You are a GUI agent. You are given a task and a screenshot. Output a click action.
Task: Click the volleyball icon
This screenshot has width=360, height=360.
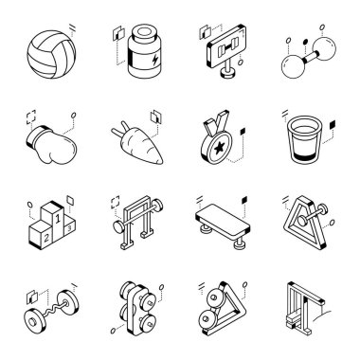[51, 54]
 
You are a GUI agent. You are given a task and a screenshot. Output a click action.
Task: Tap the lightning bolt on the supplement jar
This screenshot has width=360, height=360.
[155, 60]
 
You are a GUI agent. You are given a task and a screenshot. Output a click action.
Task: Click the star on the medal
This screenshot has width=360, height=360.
[220, 147]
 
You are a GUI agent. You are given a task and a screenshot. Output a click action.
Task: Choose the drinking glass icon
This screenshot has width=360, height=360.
[305, 139]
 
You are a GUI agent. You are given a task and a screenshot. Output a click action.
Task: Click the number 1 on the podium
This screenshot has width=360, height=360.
[58, 218]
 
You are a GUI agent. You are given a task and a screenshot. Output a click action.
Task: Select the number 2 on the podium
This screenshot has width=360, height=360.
[46, 238]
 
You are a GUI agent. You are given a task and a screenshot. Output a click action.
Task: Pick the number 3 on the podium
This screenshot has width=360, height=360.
[69, 226]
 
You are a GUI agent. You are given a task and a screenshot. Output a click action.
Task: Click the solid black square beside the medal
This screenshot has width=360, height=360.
[243, 131]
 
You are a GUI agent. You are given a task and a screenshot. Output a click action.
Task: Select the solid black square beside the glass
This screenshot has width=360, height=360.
[333, 125]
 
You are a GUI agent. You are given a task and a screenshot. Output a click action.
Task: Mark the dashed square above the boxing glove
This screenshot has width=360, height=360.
[31, 117]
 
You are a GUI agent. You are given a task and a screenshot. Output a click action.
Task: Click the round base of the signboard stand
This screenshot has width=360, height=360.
[228, 74]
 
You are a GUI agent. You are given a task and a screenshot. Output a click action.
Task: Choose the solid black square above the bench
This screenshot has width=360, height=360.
[244, 200]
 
